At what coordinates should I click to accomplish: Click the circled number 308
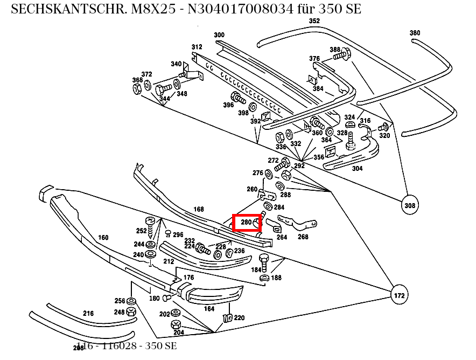tap(410, 205)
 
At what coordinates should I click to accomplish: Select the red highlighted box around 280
tap(247, 222)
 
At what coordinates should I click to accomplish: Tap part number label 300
tap(219, 35)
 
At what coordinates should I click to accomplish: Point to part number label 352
tap(314, 21)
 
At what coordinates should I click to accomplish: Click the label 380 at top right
tap(415, 33)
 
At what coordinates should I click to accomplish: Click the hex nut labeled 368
tap(137, 88)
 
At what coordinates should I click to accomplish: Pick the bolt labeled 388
tap(346, 53)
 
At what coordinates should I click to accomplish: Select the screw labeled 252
tap(151, 224)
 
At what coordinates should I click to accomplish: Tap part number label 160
tap(103, 237)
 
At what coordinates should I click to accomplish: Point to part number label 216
tap(88, 313)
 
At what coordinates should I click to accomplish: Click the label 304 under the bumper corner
tap(357, 168)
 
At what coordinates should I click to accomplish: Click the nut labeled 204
tap(176, 324)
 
